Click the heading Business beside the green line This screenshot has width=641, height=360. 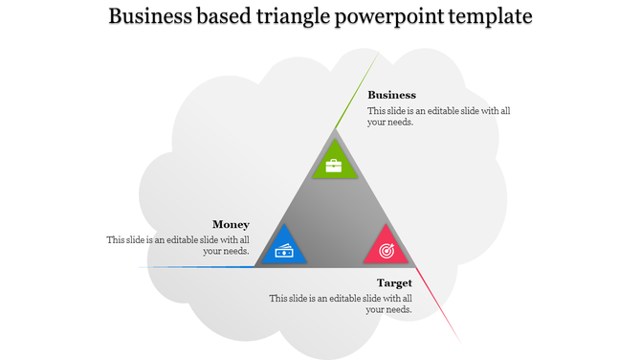(x=391, y=95)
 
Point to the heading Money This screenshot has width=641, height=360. (x=231, y=225)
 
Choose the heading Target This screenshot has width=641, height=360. (x=394, y=282)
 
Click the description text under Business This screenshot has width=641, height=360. (x=438, y=117)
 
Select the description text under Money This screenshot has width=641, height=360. (x=179, y=245)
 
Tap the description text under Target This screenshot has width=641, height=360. (x=341, y=304)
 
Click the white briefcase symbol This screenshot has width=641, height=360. (x=334, y=166)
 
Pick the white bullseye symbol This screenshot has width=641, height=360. (x=387, y=251)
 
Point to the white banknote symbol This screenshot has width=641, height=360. (x=284, y=251)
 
